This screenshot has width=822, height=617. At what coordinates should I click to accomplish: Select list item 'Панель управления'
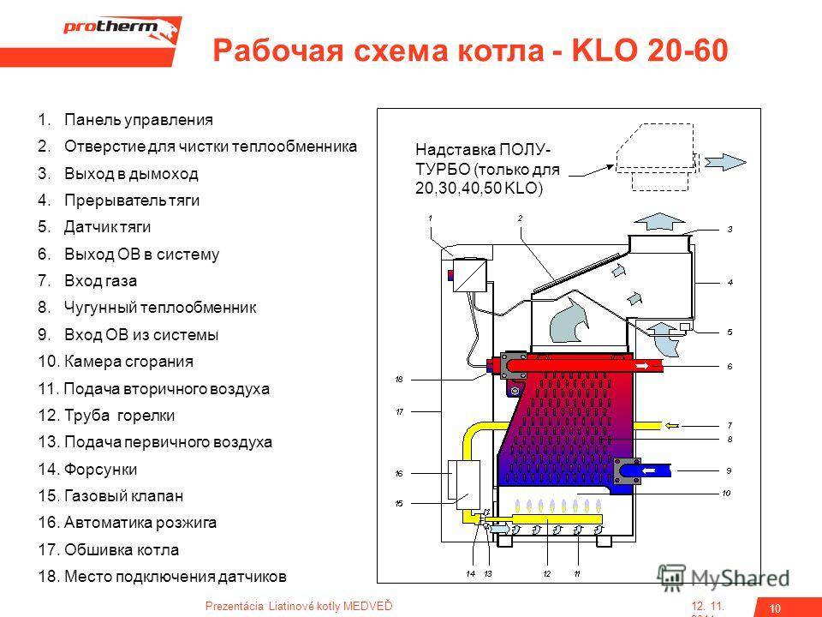138,120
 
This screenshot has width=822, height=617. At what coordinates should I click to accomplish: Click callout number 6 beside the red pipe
730,366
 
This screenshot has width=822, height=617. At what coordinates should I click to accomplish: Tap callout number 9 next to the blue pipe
730,470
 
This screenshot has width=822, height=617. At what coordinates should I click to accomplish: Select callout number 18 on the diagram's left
399,379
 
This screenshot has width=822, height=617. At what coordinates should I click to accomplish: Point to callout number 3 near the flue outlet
730,230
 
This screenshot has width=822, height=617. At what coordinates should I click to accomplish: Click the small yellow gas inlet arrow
673,423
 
